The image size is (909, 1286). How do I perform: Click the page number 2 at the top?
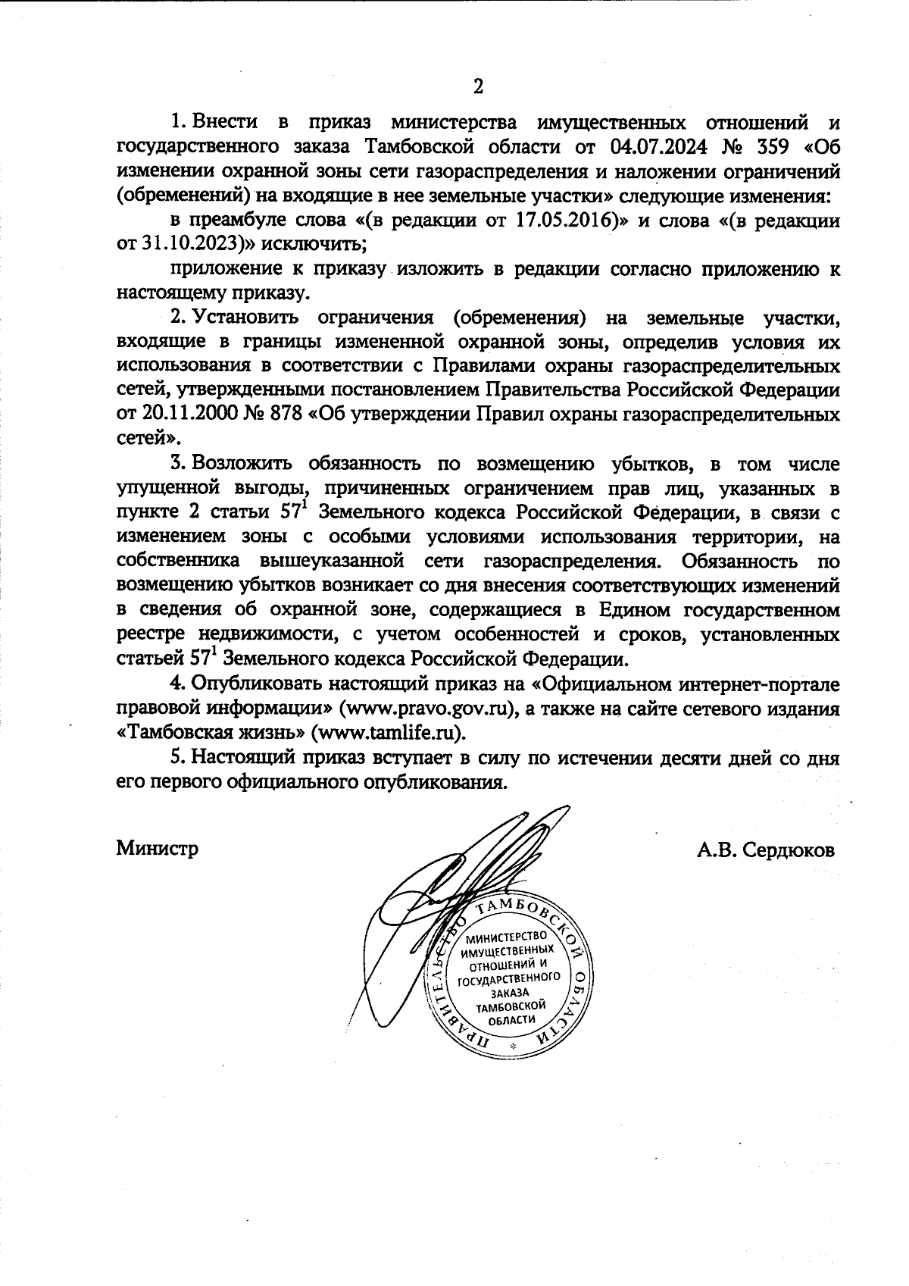pos(478,86)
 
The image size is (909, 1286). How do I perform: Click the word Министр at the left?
pos(158,848)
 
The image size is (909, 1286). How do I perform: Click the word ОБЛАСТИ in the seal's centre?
pos(507,1019)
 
